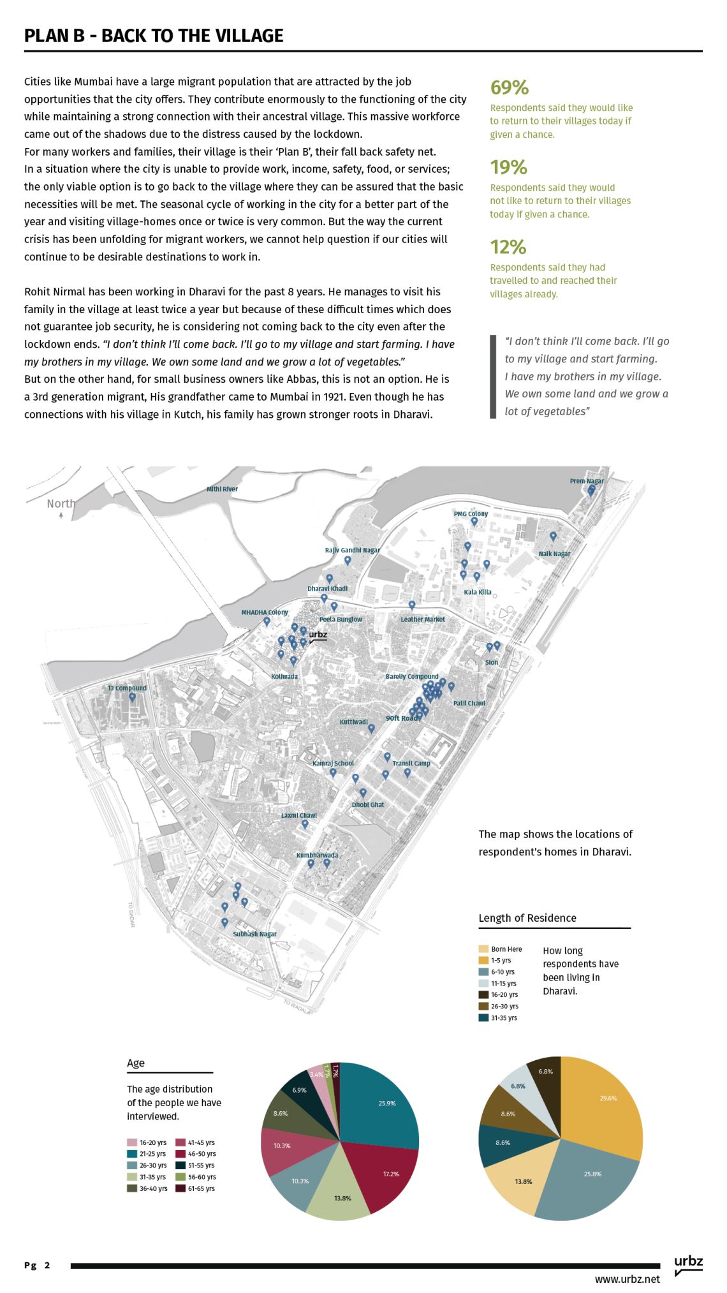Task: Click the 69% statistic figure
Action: coord(509,87)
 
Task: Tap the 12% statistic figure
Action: coord(508,247)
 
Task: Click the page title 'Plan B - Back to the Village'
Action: coord(154,36)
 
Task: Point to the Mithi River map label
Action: coord(222,489)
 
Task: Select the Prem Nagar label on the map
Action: coord(587,481)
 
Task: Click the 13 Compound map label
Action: coord(127,688)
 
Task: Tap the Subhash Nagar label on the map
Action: coord(254,934)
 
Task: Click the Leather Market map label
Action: coord(423,619)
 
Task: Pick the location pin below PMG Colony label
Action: coord(474,522)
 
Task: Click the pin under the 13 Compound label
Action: coord(132,697)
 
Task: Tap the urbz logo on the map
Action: coord(318,635)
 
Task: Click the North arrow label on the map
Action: coord(61,504)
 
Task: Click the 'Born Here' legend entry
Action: coord(501,949)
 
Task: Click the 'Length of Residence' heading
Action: coord(527,918)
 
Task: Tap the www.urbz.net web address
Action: coord(627,1279)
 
